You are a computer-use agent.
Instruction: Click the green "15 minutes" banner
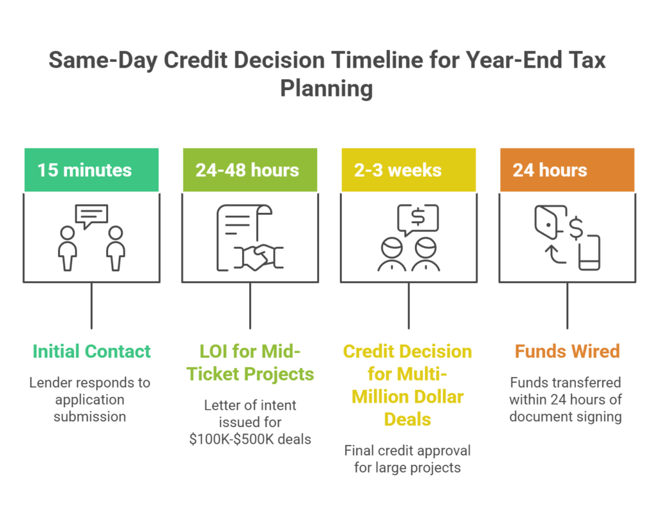pos(91,170)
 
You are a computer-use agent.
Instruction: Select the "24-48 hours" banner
pos(249,170)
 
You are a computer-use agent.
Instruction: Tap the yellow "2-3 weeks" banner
pos(408,170)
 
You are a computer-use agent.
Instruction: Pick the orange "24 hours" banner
pos(566,170)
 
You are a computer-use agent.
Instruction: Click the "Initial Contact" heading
pos(91,351)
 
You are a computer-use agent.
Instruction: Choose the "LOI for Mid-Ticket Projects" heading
pos(250,362)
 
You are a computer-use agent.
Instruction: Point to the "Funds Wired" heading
pos(566,351)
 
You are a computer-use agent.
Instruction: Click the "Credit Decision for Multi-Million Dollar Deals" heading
pos(407,385)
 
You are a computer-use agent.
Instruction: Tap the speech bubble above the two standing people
pos(91,216)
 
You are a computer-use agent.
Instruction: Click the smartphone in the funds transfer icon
pos(589,253)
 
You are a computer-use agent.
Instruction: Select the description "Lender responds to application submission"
pos(90,399)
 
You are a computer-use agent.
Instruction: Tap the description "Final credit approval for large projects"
pos(407,459)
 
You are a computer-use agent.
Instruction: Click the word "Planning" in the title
pos(326,88)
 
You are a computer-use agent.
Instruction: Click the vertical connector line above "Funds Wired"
pos(567,306)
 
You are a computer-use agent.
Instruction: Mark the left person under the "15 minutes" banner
pos(68,248)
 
